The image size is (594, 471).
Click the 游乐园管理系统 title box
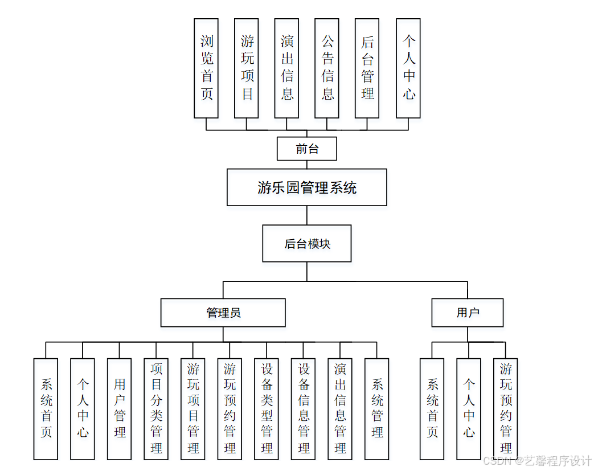(306, 187)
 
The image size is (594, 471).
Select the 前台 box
(306, 149)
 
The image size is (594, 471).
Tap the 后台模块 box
(306, 244)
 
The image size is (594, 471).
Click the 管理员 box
(223, 313)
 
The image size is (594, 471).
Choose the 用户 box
(467, 313)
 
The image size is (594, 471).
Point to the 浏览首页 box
(206, 68)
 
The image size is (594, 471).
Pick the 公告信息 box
(327, 68)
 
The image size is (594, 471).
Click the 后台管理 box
(367, 68)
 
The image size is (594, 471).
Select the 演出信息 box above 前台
(286, 68)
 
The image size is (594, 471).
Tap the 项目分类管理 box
(156, 408)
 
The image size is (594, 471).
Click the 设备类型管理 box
(267, 408)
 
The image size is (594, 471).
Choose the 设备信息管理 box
(303, 408)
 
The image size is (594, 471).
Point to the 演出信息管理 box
(340, 408)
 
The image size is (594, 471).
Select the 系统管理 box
(376, 408)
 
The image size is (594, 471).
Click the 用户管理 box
(120, 408)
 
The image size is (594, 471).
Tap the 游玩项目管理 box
(193, 408)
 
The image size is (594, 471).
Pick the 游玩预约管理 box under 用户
(505, 408)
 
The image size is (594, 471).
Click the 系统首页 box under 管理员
(46, 408)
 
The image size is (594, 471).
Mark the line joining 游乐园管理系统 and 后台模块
(307, 215)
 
